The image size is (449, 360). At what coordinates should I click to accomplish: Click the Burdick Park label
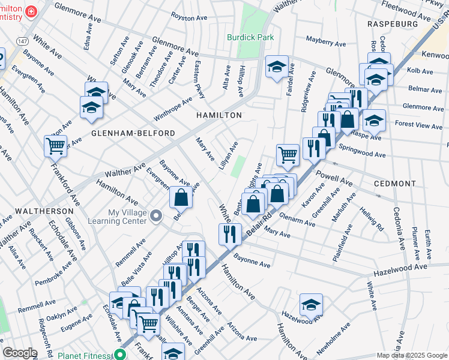click(250, 37)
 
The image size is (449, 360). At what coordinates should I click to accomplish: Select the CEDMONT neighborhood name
click(394, 184)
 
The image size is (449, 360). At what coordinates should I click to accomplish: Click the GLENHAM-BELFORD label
click(133, 133)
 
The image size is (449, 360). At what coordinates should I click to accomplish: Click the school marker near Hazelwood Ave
click(311, 304)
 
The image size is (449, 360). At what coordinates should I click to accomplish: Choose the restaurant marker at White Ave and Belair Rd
click(230, 234)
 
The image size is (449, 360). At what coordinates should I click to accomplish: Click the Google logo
click(20, 353)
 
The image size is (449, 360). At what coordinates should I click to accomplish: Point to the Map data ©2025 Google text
click(411, 355)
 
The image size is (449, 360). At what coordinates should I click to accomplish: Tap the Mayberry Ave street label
click(326, 44)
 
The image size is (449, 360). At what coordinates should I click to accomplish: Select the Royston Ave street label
click(188, 17)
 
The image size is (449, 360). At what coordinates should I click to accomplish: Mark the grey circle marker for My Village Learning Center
click(156, 215)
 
